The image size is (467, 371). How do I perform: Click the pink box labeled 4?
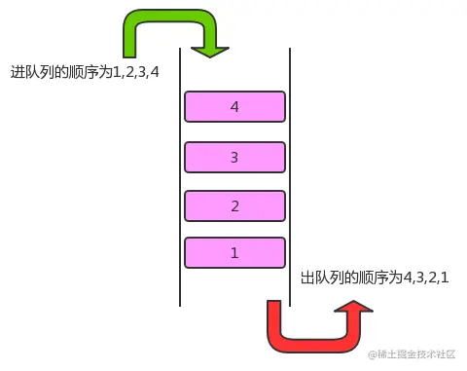234,106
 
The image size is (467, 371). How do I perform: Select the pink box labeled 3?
234,156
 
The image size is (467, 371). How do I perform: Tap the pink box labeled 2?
234,205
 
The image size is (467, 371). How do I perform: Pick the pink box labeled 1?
234,253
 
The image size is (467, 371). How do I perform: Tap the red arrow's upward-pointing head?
351,311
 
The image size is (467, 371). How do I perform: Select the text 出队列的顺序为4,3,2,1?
376,278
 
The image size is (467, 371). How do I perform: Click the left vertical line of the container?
180,175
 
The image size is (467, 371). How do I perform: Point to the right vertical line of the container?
292,175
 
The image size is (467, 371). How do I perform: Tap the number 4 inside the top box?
234,106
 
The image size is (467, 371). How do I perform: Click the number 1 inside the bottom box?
234,253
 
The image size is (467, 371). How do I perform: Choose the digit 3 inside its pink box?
234,156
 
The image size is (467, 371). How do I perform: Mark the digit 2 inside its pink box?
234,205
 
